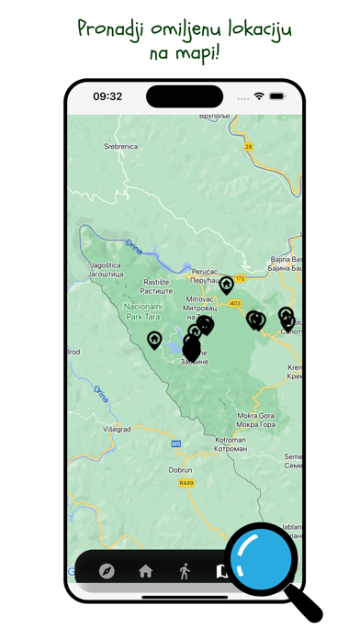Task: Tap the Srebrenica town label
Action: tap(120, 146)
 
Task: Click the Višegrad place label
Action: tap(117, 429)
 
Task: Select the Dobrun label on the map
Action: tap(180, 469)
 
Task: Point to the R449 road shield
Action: tap(186, 483)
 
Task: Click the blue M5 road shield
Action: tap(175, 444)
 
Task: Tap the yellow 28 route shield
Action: tap(247, 146)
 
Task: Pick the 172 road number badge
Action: tap(240, 279)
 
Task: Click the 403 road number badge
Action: tap(235, 304)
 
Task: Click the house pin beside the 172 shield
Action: tap(226, 286)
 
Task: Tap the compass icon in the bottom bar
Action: tap(107, 571)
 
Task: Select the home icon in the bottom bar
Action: tap(145, 571)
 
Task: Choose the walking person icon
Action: tap(185, 571)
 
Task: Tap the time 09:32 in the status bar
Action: tap(107, 96)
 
